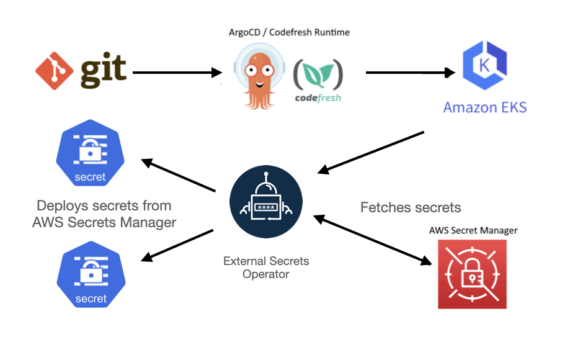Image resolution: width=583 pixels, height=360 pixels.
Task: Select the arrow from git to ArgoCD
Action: click(x=177, y=73)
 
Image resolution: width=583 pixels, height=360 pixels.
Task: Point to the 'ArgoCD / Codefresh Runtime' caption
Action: click(x=288, y=32)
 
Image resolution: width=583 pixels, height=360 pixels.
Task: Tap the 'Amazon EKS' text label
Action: click(x=484, y=107)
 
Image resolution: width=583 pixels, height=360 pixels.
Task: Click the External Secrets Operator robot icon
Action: click(x=265, y=203)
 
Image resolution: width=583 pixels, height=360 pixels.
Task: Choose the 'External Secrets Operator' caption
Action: click(x=266, y=268)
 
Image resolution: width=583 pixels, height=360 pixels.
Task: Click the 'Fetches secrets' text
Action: click(x=411, y=207)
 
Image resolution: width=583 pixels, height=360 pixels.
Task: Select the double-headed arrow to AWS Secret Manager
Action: click(x=372, y=240)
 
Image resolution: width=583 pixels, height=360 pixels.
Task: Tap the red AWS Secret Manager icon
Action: click(x=472, y=274)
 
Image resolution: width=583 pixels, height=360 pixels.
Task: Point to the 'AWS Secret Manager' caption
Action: click(x=473, y=230)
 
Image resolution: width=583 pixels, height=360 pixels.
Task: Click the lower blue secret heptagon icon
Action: click(x=91, y=278)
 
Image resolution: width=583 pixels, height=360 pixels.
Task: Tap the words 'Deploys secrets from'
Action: click(x=104, y=205)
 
